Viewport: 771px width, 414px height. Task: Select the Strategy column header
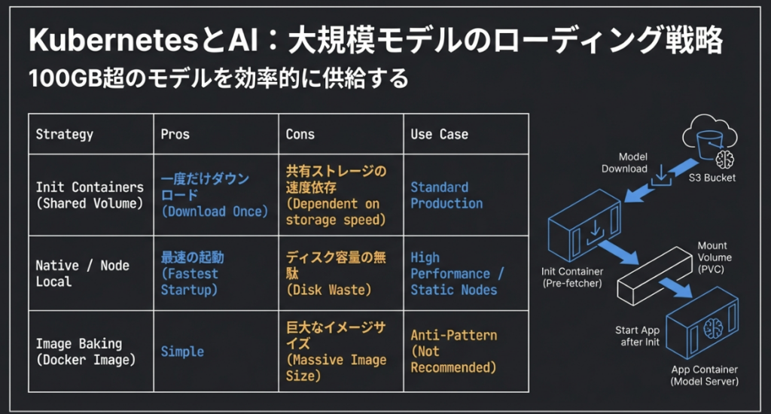65,134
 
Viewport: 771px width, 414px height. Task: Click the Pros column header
175,134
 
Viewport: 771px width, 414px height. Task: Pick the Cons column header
300,134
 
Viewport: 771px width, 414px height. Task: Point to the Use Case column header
439,134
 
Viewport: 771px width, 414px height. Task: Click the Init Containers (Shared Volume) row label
90,195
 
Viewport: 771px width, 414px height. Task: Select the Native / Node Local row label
83,273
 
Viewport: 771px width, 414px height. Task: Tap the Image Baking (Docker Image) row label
86,352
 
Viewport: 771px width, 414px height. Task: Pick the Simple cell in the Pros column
182,352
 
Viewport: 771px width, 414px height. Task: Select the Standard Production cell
446,195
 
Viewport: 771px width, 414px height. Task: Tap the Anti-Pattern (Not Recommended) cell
453,352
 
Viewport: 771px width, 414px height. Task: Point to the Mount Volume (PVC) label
714,257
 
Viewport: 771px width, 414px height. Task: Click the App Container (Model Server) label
705,375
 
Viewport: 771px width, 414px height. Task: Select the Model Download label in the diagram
624,163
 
